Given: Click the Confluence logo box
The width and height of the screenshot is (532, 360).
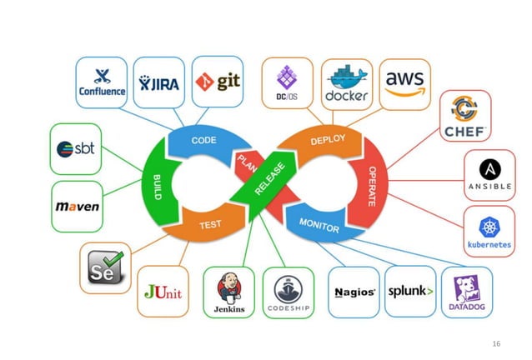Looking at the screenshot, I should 101,82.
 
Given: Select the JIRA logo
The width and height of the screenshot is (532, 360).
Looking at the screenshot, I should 158,82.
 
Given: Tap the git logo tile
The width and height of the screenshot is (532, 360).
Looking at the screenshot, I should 218,82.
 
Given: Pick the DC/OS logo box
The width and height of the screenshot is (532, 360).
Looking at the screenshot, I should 288,82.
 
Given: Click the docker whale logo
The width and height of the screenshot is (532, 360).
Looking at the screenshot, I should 346,84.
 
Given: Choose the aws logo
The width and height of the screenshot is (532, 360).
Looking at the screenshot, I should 404,82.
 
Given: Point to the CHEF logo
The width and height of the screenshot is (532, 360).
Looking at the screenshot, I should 465,116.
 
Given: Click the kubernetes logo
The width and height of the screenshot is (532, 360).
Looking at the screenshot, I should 489,231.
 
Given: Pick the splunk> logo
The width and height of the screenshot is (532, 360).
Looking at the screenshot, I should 409,292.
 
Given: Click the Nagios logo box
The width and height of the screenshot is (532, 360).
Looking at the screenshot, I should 354,292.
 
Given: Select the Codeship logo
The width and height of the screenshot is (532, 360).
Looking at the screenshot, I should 288,292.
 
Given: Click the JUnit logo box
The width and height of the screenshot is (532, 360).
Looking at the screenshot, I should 163,292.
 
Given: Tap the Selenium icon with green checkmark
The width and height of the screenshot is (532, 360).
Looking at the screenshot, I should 105,267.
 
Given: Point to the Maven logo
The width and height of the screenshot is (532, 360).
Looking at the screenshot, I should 77,206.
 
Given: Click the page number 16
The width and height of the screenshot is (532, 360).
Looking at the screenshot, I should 498,342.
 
